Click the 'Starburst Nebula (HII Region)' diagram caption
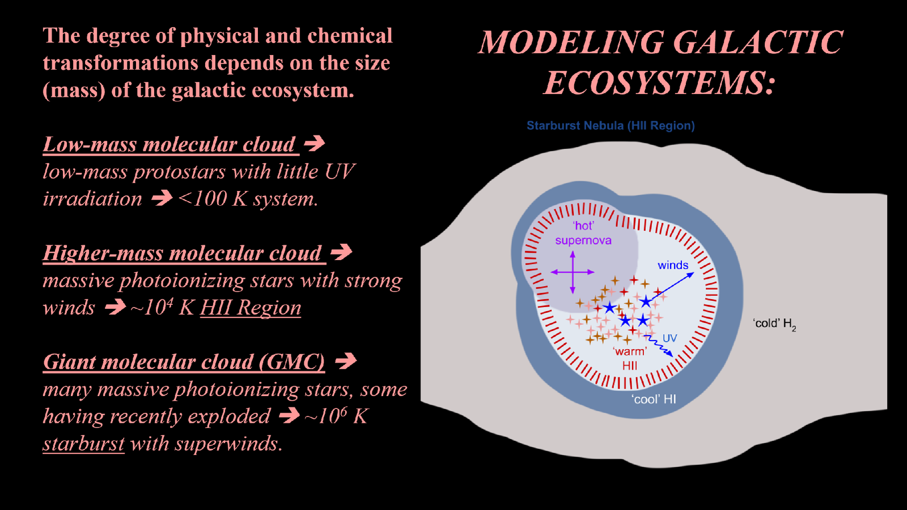pos(611,126)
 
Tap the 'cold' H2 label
pos(774,324)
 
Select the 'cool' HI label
pos(654,399)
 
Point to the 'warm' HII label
pos(630,359)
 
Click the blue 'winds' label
pos(673,265)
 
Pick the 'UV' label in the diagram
pos(669,338)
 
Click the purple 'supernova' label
pos(583,240)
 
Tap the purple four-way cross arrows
pos(573,272)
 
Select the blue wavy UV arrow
pos(658,345)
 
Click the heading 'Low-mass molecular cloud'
pos(169,144)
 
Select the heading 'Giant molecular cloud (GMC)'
pos(184,362)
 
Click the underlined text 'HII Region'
pos(251,308)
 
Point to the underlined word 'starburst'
pos(83,444)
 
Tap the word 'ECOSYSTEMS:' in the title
pos(659,83)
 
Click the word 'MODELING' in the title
pos(571,42)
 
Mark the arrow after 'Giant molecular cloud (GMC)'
pos(346,360)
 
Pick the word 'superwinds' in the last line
pos(226,444)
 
